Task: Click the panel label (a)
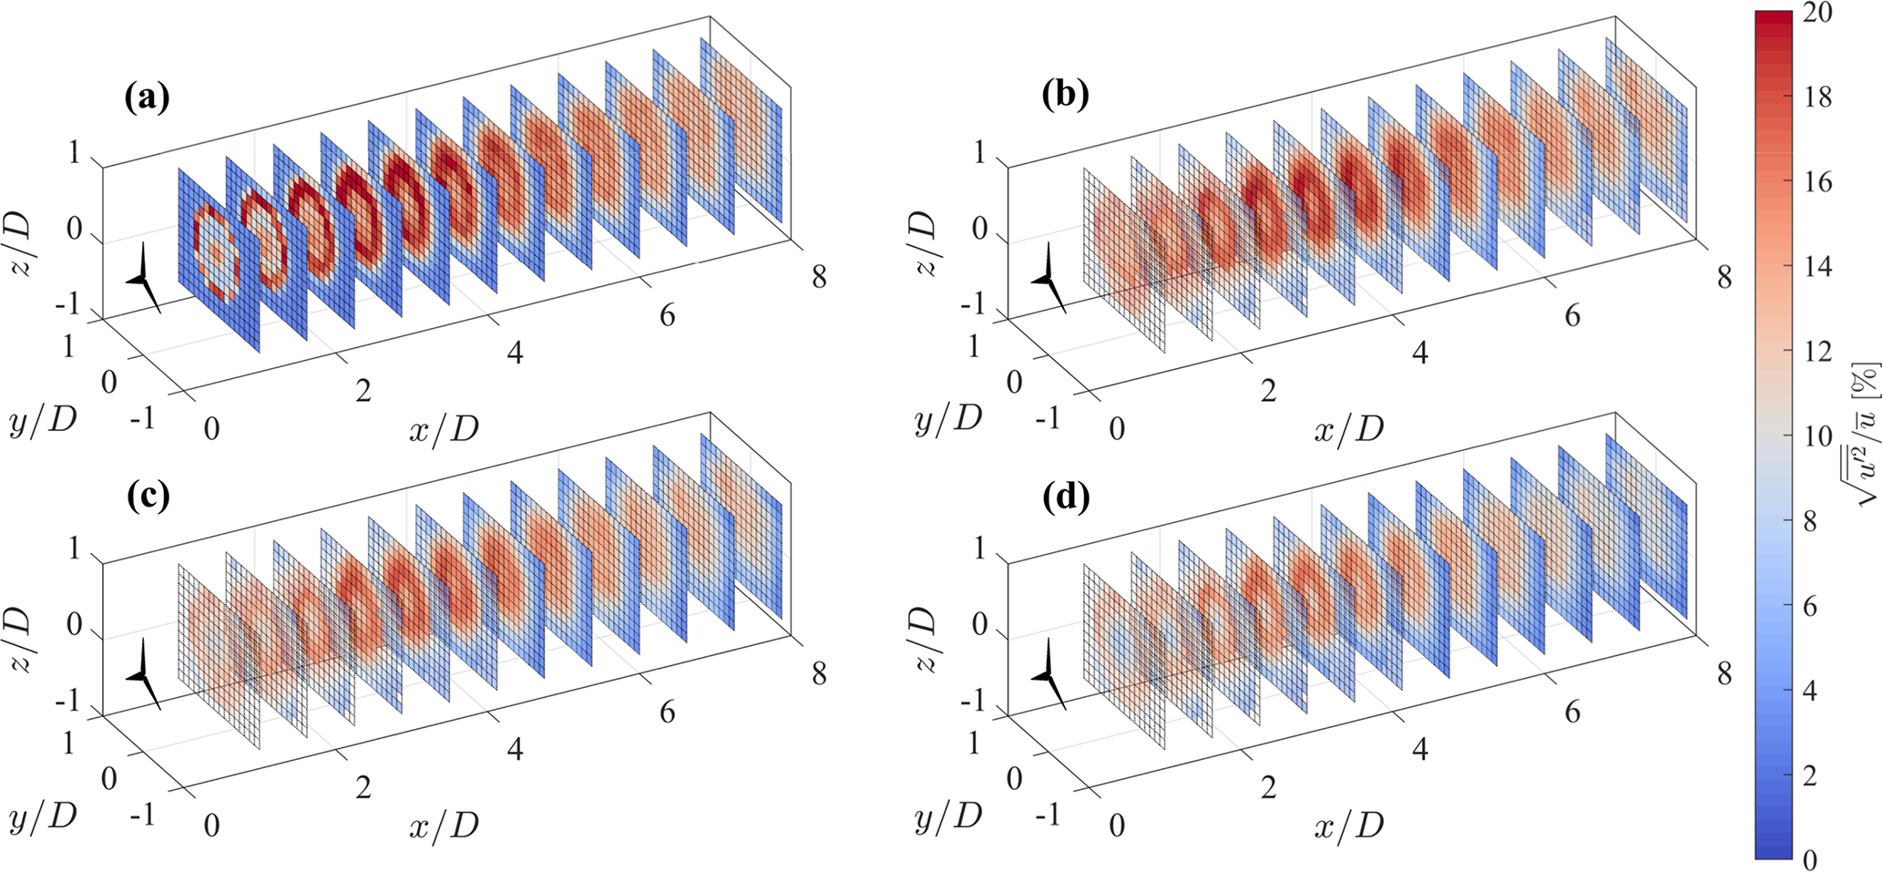[147, 97]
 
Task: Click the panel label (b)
[1065, 95]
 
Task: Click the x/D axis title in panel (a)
[444, 428]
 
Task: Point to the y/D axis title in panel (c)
[43, 816]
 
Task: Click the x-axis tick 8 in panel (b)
[1724, 277]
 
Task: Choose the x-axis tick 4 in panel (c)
[515, 750]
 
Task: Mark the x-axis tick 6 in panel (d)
[1572, 712]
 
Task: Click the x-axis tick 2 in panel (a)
[363, 391]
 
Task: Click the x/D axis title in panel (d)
[1348, 825]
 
